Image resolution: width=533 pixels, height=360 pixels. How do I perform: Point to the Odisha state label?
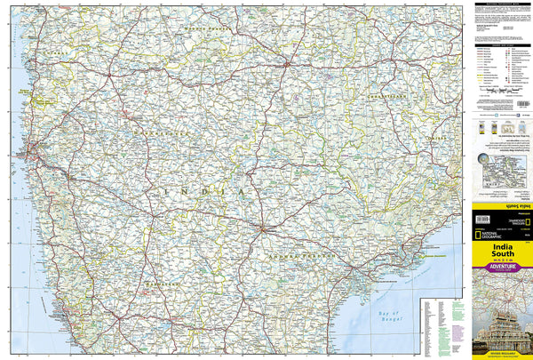[435, 140]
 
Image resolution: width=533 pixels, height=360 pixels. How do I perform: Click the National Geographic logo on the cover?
[504, 227]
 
